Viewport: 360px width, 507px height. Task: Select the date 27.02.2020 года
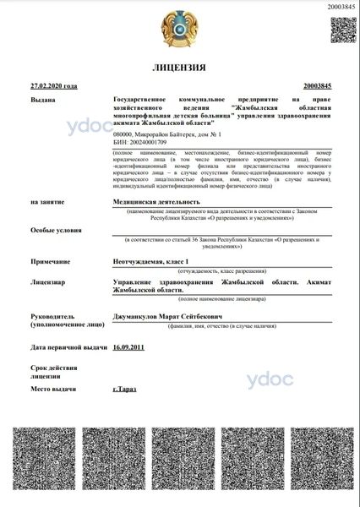coord(53,86)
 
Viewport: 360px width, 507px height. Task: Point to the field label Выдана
coord(42,100)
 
